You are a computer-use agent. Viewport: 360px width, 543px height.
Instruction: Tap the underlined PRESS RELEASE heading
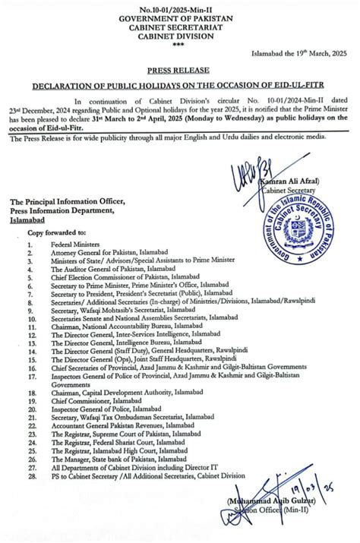pos(181,68)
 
